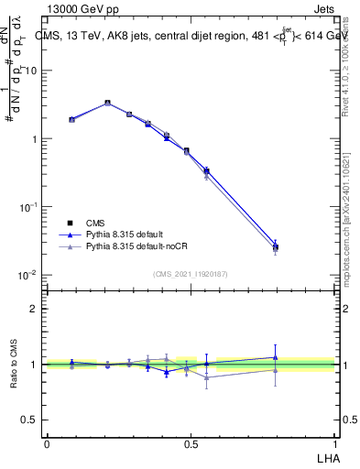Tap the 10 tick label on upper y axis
[x=31, y=71]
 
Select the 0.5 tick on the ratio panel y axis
[x=29, y=420]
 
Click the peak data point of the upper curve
[x=108, y=103]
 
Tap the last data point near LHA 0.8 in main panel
[x=276, y=246]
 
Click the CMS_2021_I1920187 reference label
[x=190, y=274]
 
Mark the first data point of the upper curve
[x=71, y=119]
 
